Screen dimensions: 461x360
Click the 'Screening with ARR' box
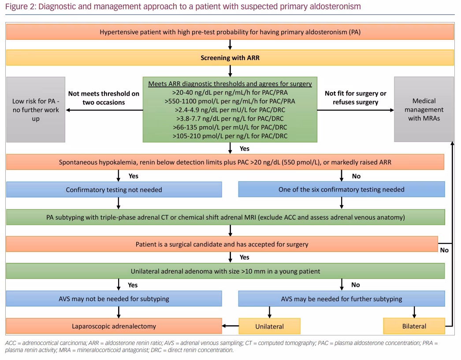pyautogui.click(x=230, y=58)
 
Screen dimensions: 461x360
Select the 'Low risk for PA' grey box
pyautogui.click(x=36, y=109)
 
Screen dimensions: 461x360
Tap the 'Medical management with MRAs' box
pyautogui.click(x=424, y=109)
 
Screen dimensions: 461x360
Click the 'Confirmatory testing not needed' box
pyautogui.click(x=114, y=190)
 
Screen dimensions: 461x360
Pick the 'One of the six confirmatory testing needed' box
pyautogui.click(x=341, y=189)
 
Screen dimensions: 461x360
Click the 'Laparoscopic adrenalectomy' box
pyautogui.click(x=114, y=326)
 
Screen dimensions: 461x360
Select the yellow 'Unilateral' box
pyautogui.click(x=270, y=326)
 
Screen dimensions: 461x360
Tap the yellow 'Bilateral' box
pyautogui.click(x=414, y=326)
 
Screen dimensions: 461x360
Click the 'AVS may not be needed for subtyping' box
pyautogui.click(x=114, y=299)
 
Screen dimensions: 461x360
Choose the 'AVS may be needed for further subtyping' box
pyautogui.click(x=341, y=299)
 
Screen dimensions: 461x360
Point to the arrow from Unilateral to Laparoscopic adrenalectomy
pyautogui.click(x=230, y=326)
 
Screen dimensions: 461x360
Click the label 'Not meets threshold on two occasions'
pyautogui.click(x=104, y=98)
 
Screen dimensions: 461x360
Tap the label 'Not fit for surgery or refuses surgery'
pyautogui.click(x=356, y=98)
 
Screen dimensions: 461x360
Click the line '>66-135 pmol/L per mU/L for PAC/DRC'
pyautogui.click(x=230, y=127)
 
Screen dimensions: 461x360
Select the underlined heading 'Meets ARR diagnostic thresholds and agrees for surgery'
pyautogui.click(x=230, y=83)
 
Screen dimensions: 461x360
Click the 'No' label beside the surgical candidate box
pyautogui.click(x=444, y=250)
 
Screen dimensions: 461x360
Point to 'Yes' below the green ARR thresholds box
pyautogui.click(x=244, y=149)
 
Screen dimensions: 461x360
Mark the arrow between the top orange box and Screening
pyautogui.click(x=230, y=45)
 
